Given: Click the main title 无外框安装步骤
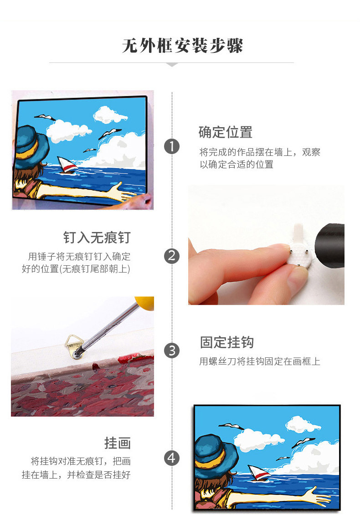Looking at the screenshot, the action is coord(183,46).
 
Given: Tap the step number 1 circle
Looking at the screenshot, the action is coord(172,146).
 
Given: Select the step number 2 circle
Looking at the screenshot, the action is coord(172,256).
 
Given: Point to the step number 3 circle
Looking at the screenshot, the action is coord(172,351).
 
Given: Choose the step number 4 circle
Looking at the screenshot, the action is coord(172,458).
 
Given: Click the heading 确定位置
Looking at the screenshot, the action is coord(226,132).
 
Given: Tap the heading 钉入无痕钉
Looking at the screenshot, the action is coord(97,237).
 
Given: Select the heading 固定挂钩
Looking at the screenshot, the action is coord(226,342).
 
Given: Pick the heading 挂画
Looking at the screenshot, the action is coord(117,443).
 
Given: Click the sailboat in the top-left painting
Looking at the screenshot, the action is coord(67,165).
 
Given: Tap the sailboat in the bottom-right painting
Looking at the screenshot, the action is coord(259,473).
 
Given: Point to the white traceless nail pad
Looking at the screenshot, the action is coord(298,256).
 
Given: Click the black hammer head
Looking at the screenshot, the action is coord(329,245).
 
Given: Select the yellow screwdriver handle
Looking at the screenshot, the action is coord(145,302).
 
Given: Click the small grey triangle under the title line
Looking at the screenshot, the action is coord(172,64).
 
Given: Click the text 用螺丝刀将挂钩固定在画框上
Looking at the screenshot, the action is coord(260,361).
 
